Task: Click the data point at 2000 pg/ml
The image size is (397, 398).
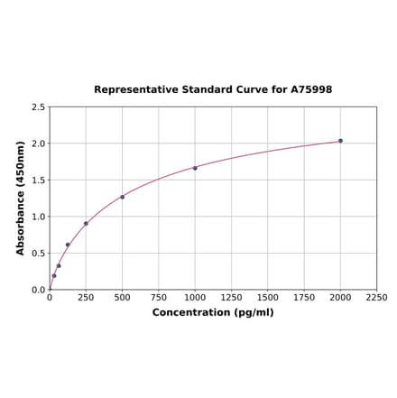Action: pyautogui.click(x=340, y=141)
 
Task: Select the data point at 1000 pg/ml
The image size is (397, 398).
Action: pyautogui.click(x=195, y=168)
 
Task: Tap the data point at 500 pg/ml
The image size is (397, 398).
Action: pyautogui.click(x=123, y=197)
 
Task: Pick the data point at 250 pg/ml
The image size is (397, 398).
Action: pyautogui.click(x=86, y=224)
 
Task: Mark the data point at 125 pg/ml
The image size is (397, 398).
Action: pyautogui.click(x=68, y=245)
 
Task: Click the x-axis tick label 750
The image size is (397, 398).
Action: pyautogui.click(x=159, y=297)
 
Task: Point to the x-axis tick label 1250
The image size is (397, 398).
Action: pyautogui.click(x=231, y=297)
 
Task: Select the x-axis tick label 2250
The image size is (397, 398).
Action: pyautogui.click(x=376, y=297)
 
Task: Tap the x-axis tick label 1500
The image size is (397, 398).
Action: pyautogui.click(x=268, y=297)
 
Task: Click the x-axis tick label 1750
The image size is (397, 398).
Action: pyautogui.click(x=304, y=297)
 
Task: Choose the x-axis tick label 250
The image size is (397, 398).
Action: pyautogui.click(x=86, y=297)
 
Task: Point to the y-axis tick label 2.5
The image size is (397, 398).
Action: pyautogui.click(x=38, y=107)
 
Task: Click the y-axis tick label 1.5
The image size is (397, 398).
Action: pyautogui.click(x=38, y=180)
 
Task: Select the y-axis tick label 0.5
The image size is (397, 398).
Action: pyautogui.click(x=38, y=254)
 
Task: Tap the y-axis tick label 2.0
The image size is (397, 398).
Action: pyautogui.click(x=38, y=143)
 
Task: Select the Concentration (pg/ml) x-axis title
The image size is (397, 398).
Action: pyautogui.click(x=213, y=312)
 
